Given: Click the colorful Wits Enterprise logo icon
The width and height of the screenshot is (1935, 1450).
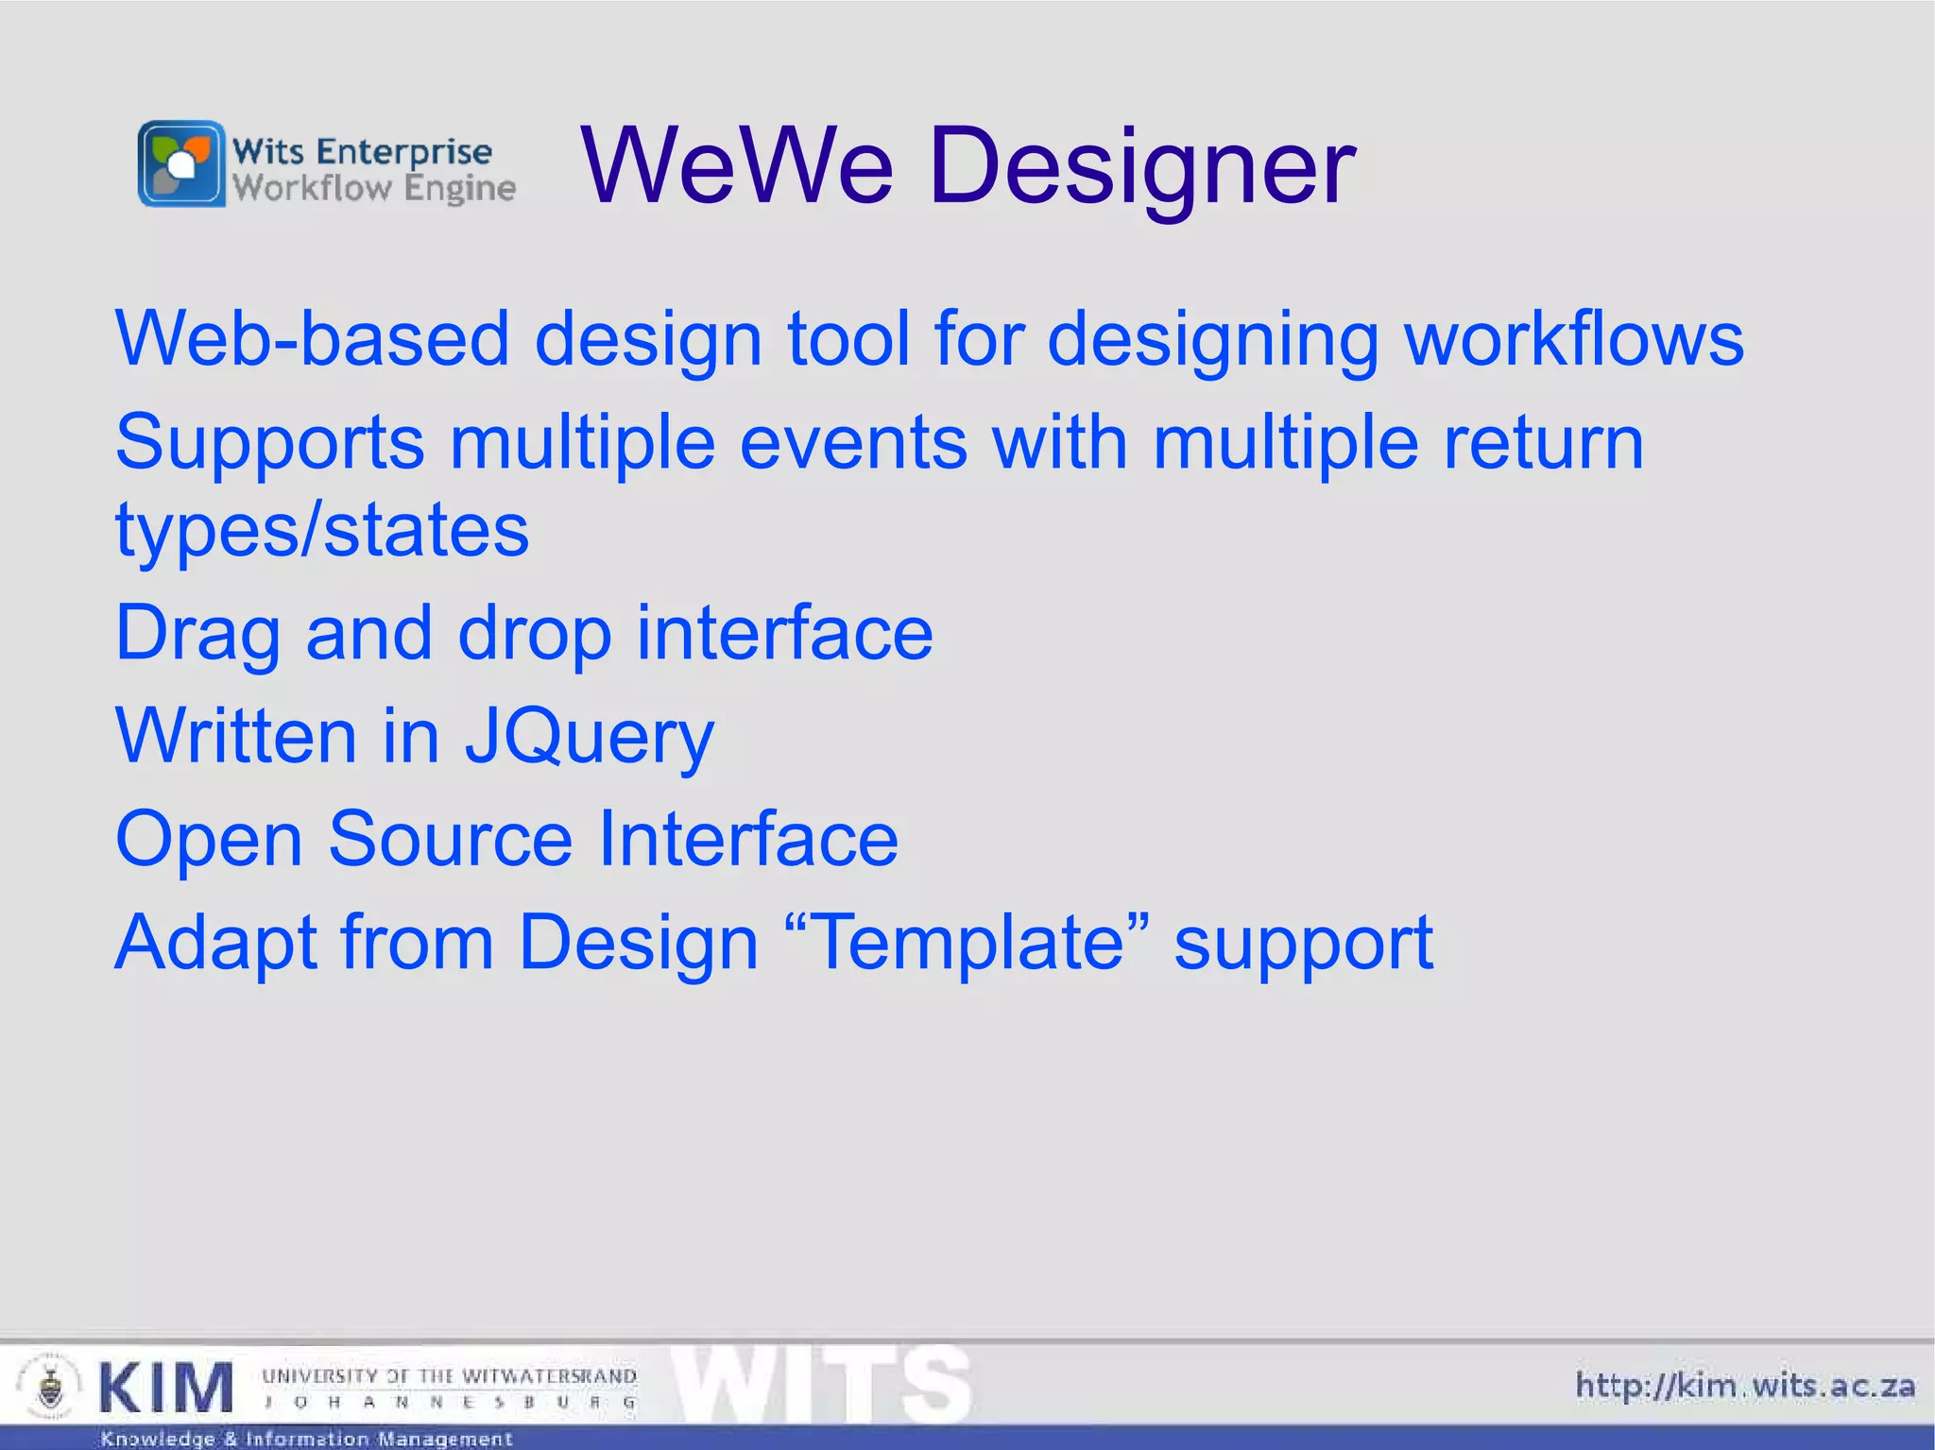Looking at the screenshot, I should click(x=181, y=163).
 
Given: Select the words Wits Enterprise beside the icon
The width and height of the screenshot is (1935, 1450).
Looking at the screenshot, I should click(x=362, y=151).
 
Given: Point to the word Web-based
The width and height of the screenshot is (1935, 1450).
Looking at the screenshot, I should click(x=312, y=338).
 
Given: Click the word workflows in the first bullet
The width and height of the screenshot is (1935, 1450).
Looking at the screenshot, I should click(x=1574, y=338).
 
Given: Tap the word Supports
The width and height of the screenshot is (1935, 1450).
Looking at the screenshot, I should click(x=269, y=442).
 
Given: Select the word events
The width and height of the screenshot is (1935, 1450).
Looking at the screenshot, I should click(x=853, y=442).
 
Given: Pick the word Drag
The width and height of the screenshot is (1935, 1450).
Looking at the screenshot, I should click(x=197, y=633).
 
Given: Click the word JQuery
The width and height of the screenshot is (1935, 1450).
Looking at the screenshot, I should click(x=589, y=737).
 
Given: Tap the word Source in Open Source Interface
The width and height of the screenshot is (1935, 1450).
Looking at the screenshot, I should click(x=450, y=839).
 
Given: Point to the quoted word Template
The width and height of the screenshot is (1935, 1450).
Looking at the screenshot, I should click(x=967, y=942).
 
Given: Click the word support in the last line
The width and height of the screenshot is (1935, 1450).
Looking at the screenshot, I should click(x=1303, y=942).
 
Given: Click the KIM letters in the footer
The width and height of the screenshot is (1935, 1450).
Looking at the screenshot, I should click(x=165, y=1388).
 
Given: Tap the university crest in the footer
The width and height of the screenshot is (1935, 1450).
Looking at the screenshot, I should click(x=49, y=1388).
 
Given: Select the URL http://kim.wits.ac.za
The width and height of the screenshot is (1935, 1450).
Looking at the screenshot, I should click(x=1744, y=1386).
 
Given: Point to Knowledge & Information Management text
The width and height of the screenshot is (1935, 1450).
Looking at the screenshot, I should click(x=306, y=1439).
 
